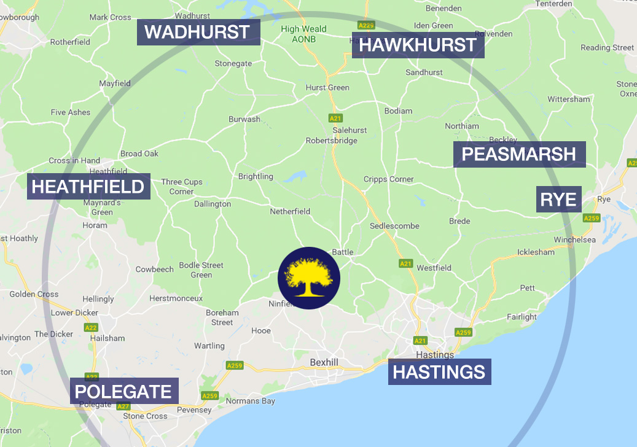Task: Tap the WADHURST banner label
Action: (198, 33)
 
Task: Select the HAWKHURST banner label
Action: (418, 45)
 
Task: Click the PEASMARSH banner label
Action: (519, 154)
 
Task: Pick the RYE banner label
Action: (558, 200)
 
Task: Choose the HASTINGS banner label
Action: (439, 372)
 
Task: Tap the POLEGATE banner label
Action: (123, 391)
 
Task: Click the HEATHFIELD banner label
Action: (88, 187)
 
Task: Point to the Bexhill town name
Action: (324, 362)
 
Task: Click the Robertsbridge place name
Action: (332, 141)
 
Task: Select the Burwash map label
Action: (244, 119)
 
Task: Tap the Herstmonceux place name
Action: (176, 298)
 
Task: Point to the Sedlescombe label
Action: (394, 226)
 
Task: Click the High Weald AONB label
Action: (303, 34)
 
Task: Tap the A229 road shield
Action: (367, 25)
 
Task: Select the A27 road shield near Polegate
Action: (123, 406)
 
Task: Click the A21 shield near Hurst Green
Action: (335, 117)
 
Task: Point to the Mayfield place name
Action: (115, 83)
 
